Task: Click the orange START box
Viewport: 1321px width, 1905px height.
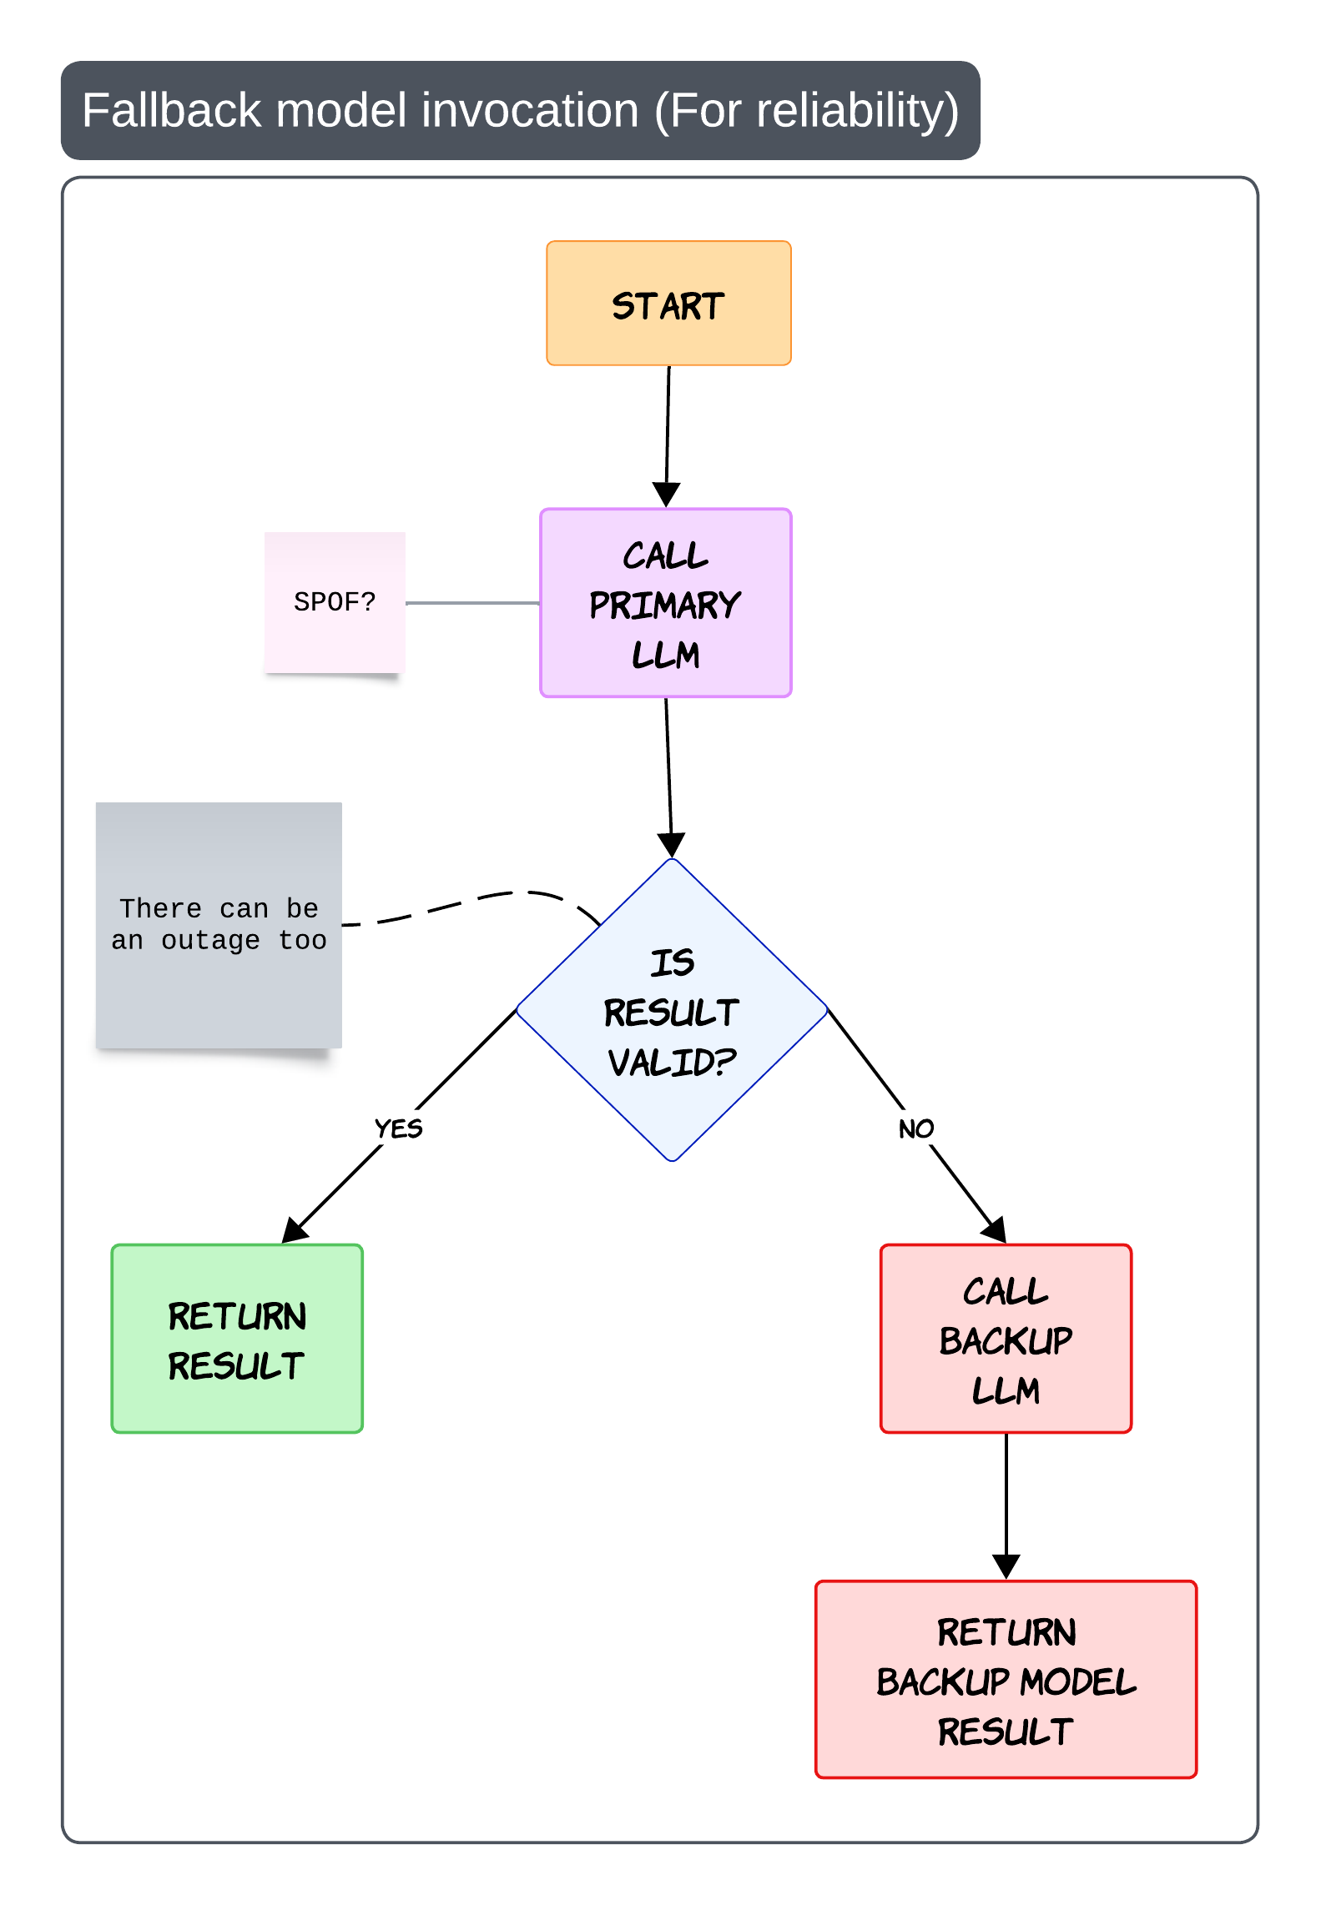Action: tap(668, 304)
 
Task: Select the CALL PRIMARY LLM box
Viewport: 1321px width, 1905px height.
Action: tap(666, 603)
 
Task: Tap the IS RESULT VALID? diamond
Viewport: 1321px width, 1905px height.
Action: tap(672, 1010)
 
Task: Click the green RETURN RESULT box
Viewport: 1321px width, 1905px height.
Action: tap(237, 1339)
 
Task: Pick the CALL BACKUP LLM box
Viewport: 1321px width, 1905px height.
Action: tap(1006, 1339)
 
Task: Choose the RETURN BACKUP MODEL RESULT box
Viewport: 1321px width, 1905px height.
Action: tap(1006, 1680)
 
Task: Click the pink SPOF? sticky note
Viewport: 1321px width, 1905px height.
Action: tap(335, 602)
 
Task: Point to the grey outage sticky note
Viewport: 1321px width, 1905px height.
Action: tap(219, 925)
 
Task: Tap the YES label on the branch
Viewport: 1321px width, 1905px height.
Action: tap(398, 1128)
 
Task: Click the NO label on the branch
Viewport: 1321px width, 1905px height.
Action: tap(916, 1128)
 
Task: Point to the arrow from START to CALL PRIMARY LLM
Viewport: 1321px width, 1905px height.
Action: tap(668, 436)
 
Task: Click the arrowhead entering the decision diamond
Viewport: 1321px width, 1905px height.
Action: tap(671, 845)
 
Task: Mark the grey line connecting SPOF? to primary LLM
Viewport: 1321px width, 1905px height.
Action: tap(472, 602)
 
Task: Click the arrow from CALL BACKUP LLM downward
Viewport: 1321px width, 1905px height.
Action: tap(1006, 1506)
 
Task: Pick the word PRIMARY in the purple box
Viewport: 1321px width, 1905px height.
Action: tap(665, 605)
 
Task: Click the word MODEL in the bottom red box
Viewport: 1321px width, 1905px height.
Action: tap(1078, 1681)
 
